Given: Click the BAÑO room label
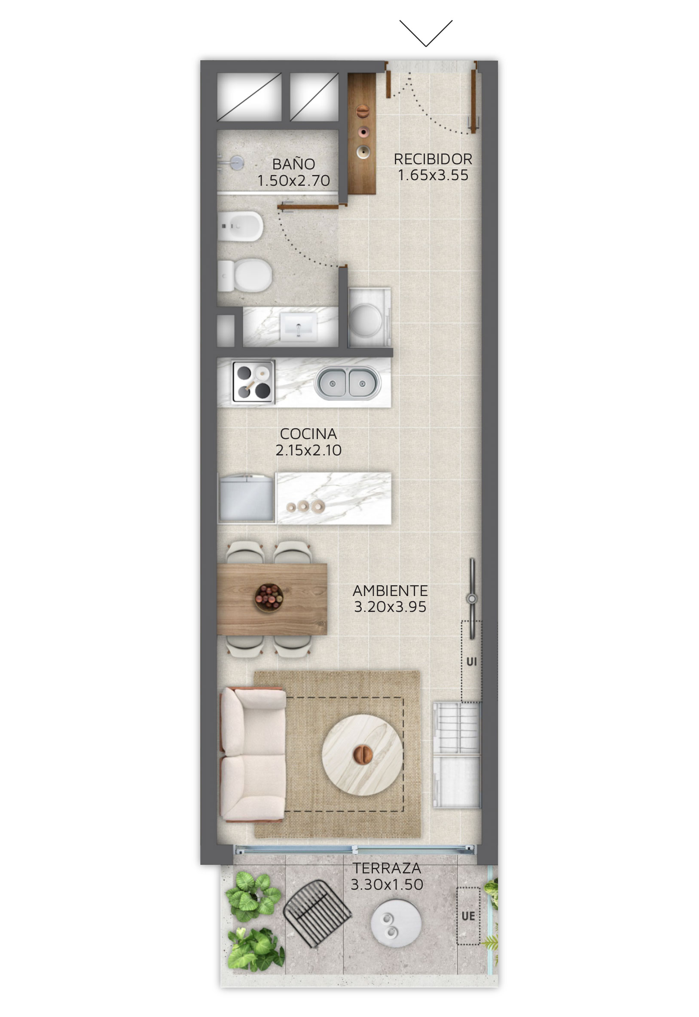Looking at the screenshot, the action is coord(293,164).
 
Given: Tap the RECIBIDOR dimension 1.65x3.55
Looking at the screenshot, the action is coord(433,175).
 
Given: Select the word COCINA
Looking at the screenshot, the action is coord(308,434).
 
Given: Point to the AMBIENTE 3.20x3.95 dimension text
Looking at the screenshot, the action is coord(390,607).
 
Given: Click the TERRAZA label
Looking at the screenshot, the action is coord(387,868).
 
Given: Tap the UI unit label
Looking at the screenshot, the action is coord(471,661).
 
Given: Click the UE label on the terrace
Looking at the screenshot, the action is coord(468,916).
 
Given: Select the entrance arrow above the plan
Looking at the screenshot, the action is coord(426,33).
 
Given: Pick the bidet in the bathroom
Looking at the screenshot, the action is coord(241,226).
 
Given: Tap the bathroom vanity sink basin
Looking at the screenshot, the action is coord(298,326).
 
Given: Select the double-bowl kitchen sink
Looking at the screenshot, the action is coord(347,383).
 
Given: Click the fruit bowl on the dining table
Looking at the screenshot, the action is coord(269,597).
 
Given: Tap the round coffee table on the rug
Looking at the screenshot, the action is coord(362,755).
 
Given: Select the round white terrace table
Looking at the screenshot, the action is coord(396,924).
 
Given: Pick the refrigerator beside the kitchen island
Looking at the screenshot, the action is coord(247,498).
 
